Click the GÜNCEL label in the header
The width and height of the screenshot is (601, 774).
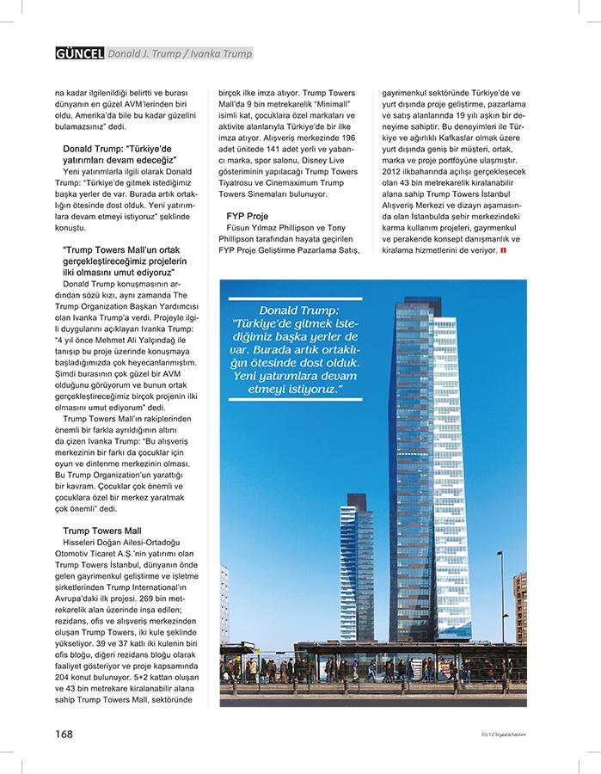click(x=79, y=53)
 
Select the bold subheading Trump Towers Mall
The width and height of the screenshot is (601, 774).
click(x=102, y=531)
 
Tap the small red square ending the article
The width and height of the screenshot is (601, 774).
click(x=503, y=249)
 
